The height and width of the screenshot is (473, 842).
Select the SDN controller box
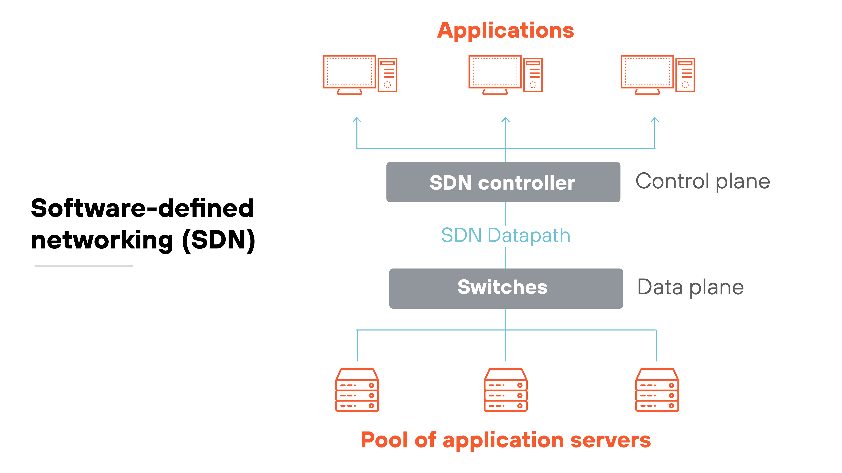click(503, 182)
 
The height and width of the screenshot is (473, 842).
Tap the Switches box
click(506, 288)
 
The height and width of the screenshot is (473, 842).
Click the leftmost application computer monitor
click(349, 72)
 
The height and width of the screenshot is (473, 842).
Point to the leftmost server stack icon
click(357, 390)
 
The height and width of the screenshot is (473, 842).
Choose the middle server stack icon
click(505, 390)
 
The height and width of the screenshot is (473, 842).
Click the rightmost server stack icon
click(657, 390)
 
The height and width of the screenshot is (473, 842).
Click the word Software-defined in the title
click(142, 208)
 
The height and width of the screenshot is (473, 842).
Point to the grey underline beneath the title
click(84, 266)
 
